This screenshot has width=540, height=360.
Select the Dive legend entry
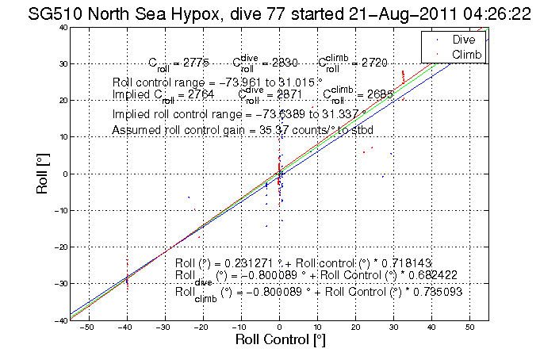[x=463, y=39]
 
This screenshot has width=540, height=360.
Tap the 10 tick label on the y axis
[x=62, y=137]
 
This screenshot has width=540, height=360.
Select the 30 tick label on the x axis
[x=393, y=327]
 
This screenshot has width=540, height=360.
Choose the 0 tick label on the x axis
[x=279, y=327]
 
